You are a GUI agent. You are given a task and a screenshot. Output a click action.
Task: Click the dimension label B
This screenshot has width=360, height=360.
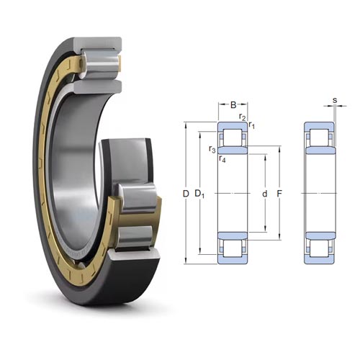(233, 105)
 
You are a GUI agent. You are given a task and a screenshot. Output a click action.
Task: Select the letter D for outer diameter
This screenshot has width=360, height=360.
(186, 194)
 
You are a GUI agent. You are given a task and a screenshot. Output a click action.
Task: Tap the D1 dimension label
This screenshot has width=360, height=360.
(199, 194)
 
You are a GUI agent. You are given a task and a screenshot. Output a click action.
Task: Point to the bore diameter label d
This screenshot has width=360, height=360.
(264, 194)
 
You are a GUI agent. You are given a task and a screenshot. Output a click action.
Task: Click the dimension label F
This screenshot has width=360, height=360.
(279, 194)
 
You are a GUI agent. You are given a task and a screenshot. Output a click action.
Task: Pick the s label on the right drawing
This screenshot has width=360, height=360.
(335, 100)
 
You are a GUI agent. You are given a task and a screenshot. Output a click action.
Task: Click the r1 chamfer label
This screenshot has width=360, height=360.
(251, 125)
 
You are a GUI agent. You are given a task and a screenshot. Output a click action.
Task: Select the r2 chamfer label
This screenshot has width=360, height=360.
(243, 117)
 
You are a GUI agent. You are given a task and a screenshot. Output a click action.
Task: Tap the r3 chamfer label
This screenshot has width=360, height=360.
(212, 150)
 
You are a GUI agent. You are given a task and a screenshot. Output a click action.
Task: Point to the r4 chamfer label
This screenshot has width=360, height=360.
(222, 159)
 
